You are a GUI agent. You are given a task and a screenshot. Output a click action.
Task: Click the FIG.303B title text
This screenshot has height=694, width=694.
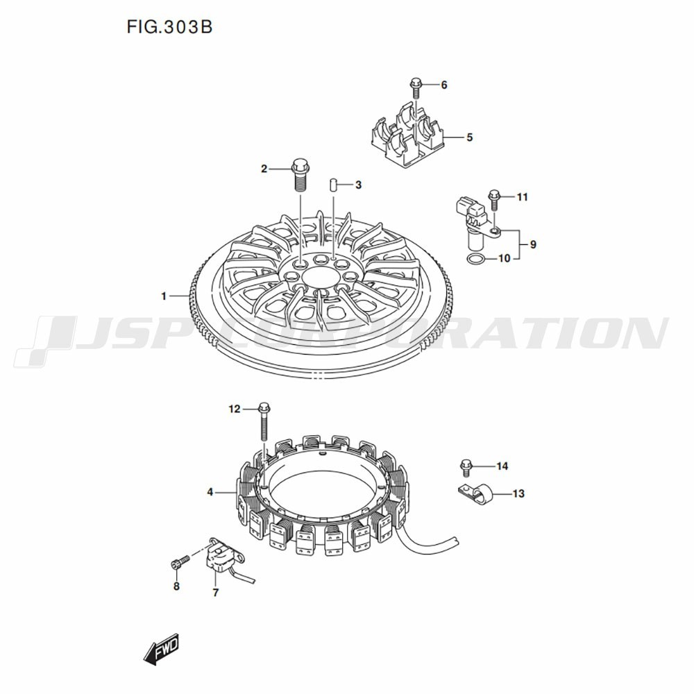[169, 27]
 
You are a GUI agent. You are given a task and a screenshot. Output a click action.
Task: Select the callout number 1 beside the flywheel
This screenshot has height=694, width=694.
[164, 296]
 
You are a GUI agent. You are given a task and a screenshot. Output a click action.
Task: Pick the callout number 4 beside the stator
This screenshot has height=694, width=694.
[210, 492]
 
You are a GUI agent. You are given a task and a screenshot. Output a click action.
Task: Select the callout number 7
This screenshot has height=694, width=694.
[216, 593]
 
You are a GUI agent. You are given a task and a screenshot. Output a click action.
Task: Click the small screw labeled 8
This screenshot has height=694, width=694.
[179, 561]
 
